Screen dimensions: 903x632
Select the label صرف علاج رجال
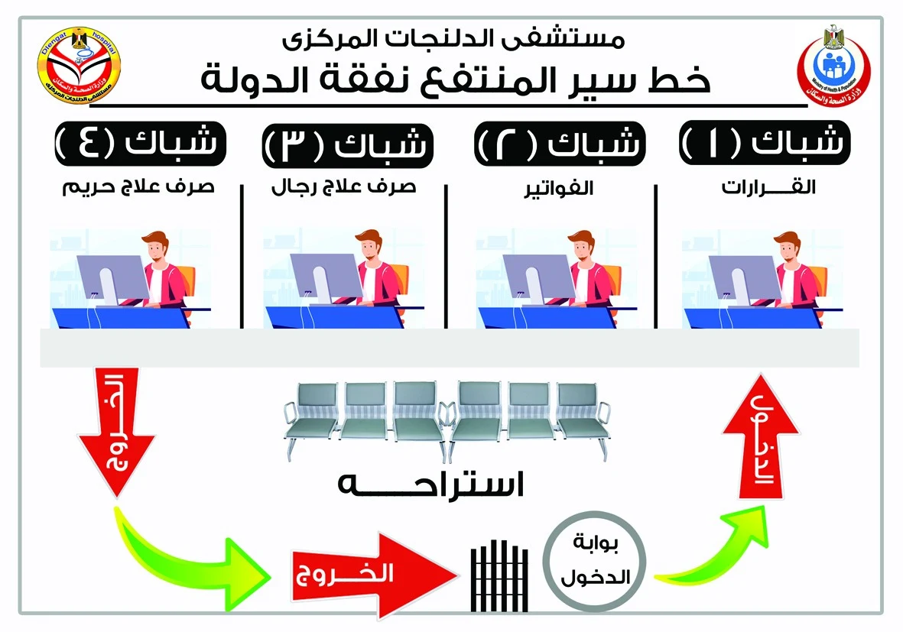click(343, 187)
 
